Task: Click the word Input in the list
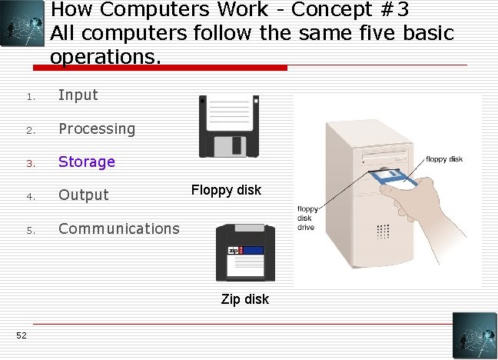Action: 78,95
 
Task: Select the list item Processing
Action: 97,128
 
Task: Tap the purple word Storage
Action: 87,162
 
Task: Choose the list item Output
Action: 84,195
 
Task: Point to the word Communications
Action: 119,228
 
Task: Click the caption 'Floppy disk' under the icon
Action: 227,189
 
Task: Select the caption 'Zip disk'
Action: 245,299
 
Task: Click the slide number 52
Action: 21,334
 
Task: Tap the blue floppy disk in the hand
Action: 392,179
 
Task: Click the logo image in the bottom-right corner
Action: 475,336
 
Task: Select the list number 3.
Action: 29,163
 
